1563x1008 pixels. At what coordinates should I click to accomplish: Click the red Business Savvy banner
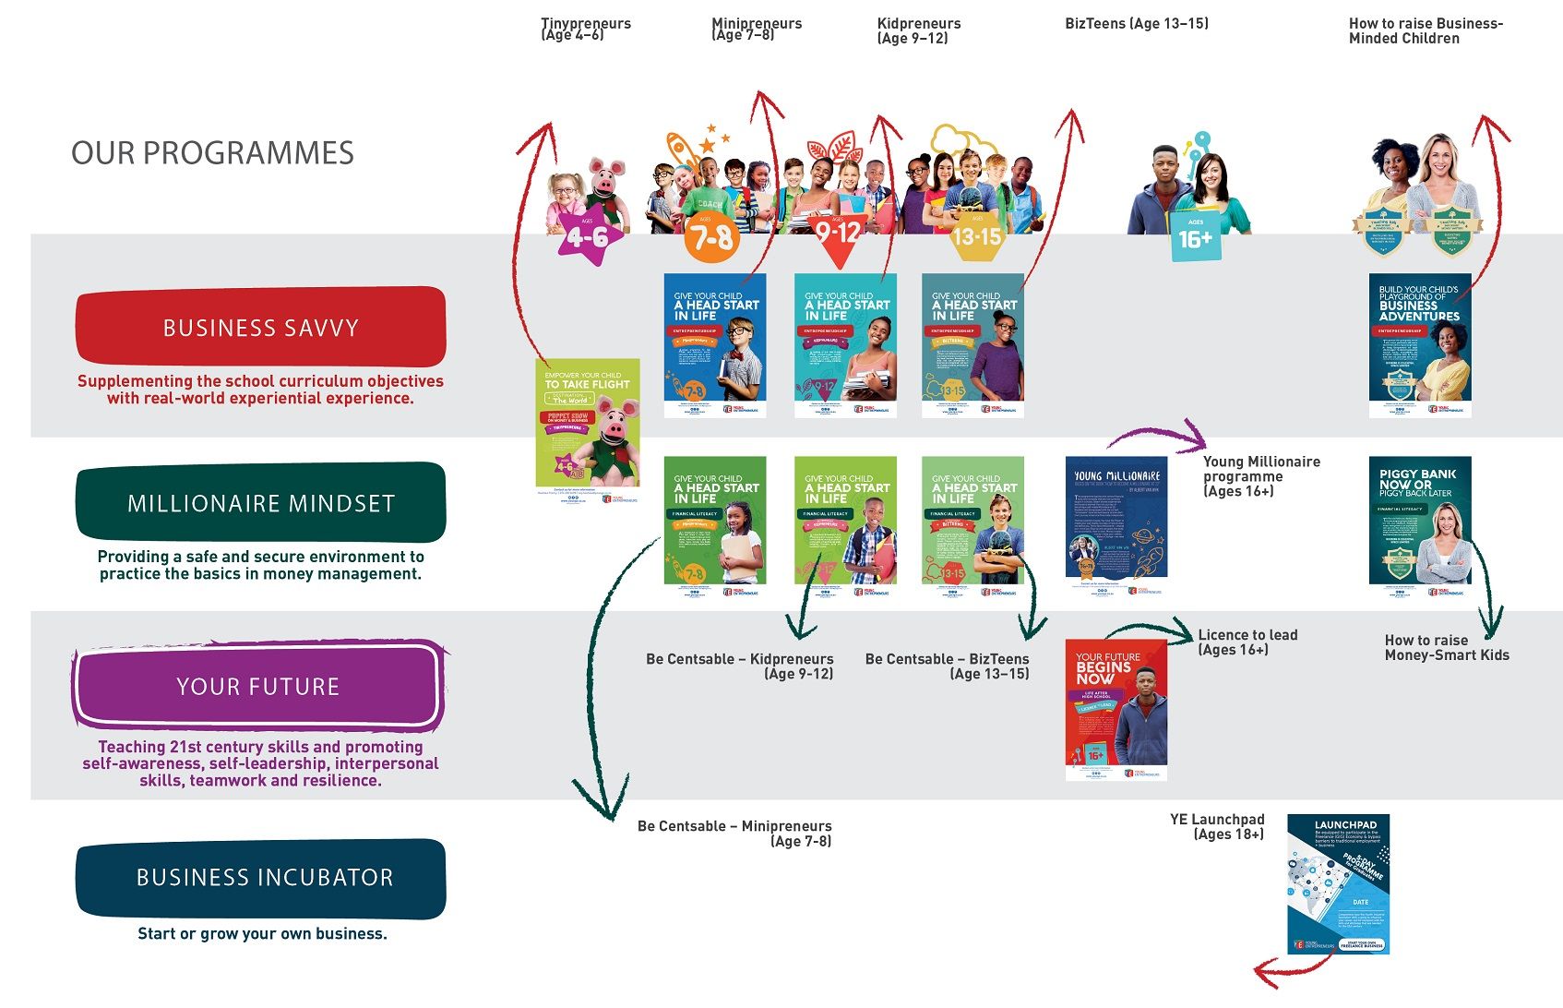[261, 327]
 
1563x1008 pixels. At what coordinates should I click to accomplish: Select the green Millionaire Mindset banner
[261, 502]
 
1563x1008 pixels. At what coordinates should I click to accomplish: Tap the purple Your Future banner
[258, 686]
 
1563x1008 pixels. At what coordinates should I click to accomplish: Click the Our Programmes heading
[212, 152]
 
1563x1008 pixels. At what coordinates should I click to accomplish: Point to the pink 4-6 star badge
[587, 237]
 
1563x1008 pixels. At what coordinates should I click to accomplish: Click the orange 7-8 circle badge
[711, 238]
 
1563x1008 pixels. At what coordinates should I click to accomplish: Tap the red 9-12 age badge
[838, 234]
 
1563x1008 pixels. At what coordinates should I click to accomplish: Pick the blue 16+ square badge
[1195, 237]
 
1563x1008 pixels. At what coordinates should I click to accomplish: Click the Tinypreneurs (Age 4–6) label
[585, 30]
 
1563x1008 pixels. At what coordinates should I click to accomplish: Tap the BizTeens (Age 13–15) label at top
[1136, 24]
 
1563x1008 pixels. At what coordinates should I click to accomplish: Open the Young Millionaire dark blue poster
[1116, 522]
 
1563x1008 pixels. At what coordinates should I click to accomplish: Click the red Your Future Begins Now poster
[1116, 709]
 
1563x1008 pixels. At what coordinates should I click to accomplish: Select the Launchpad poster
[1338, 883]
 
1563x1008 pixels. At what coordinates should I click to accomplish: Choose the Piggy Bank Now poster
[1419, 521]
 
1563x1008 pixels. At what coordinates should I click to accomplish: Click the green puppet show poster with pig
[588, 424]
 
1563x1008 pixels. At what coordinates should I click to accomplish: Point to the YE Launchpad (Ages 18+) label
[1218, 826]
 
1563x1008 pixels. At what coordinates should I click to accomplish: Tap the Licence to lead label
[1247, 642]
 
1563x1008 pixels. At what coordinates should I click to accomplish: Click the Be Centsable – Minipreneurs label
[734, 833]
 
